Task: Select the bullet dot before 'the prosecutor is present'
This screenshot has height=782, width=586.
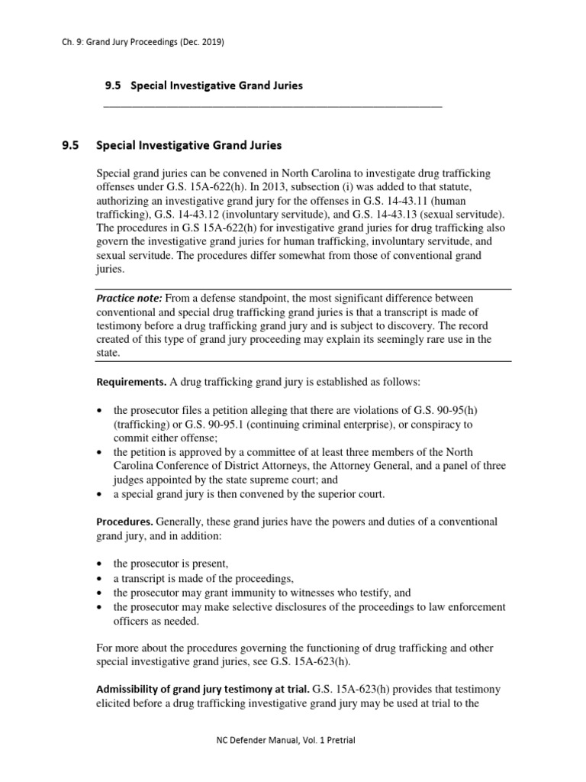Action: tap(101, 564)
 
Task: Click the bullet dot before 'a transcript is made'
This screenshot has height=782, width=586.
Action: tap(101, 577)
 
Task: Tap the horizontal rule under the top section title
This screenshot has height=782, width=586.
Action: tap(272, 106)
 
